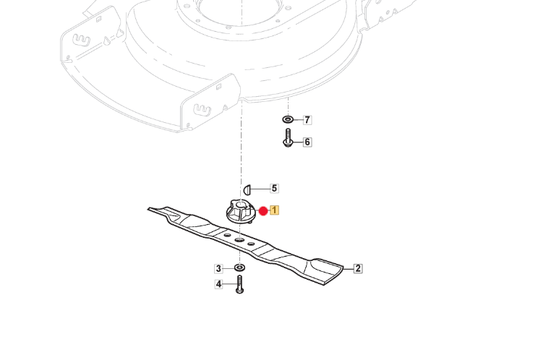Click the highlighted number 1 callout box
tap(275, 211)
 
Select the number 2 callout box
tap(357, 268)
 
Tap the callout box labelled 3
tap(218, 269)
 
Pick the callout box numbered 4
tap(218, 285)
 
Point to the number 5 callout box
tap(274, 189)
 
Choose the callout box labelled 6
tap(307, 142)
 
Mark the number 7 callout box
tap(307, 119)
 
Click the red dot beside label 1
tap(263, 211)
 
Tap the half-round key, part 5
tap(247, 189)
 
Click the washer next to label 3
tap(239, 269)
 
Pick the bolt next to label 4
tap(239, 284)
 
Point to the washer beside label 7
tap(287, 119)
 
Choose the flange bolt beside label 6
tap(287, 138)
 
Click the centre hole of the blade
tap(239, 239)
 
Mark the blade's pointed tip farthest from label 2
tap(151, 210)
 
